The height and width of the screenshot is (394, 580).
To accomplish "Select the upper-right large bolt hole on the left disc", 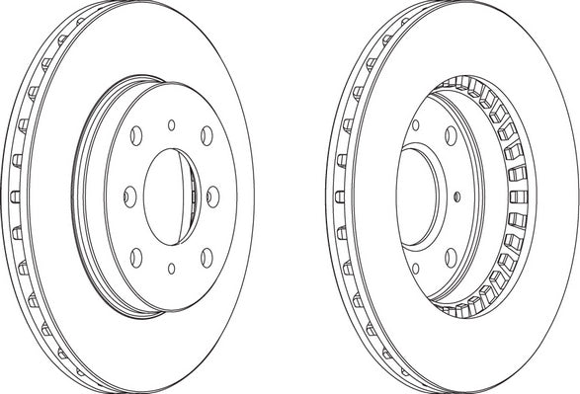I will (x=205, y=134).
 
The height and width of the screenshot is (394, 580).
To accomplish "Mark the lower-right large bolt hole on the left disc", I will (x=205, y=256).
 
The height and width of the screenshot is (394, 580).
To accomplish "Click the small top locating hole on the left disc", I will (x=171, y=123).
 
